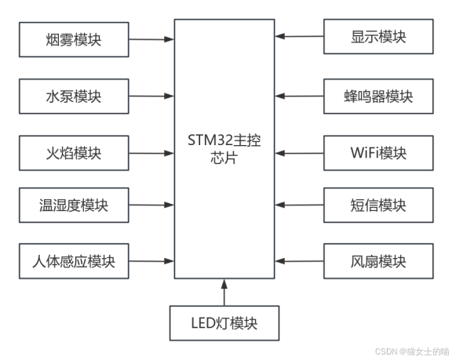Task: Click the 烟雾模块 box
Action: point(74,39)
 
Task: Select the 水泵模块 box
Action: point(74,96)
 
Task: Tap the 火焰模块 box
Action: point(74,153)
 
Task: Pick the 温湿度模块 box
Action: point(74,205)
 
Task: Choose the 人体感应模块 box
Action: point(74,261)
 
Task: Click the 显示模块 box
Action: point(378,37)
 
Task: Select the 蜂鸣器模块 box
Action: point(378,96)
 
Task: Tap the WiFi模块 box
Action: point(378,153)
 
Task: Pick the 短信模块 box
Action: point(378,205)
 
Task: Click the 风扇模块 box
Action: point(378,261)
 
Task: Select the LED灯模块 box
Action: point(224,323)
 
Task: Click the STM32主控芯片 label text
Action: point(224,149)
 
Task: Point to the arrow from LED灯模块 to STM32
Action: point(224,293)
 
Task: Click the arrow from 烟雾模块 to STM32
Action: point(151,39)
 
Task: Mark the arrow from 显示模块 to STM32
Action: point(299,36)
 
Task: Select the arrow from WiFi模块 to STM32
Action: point(299,153)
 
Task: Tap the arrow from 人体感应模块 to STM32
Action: point(151,261)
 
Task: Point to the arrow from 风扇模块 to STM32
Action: point(299,261)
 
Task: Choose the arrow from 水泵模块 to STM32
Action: point(151,96)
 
